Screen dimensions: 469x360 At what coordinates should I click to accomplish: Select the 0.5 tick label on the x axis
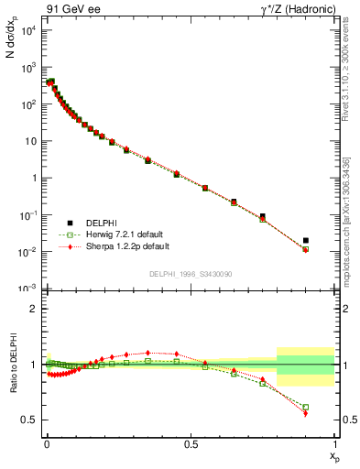(190, 442)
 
